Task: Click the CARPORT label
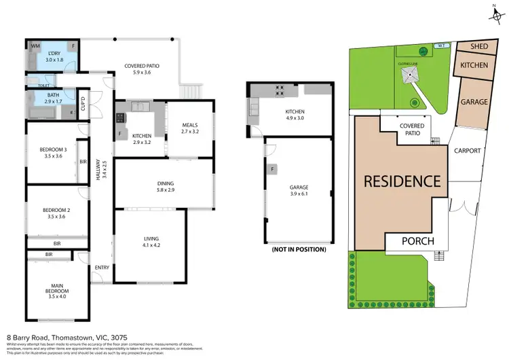pos(468,151)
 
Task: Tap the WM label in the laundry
pos(35,46)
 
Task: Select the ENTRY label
pos(102,267)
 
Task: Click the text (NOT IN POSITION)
pos(299,249)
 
